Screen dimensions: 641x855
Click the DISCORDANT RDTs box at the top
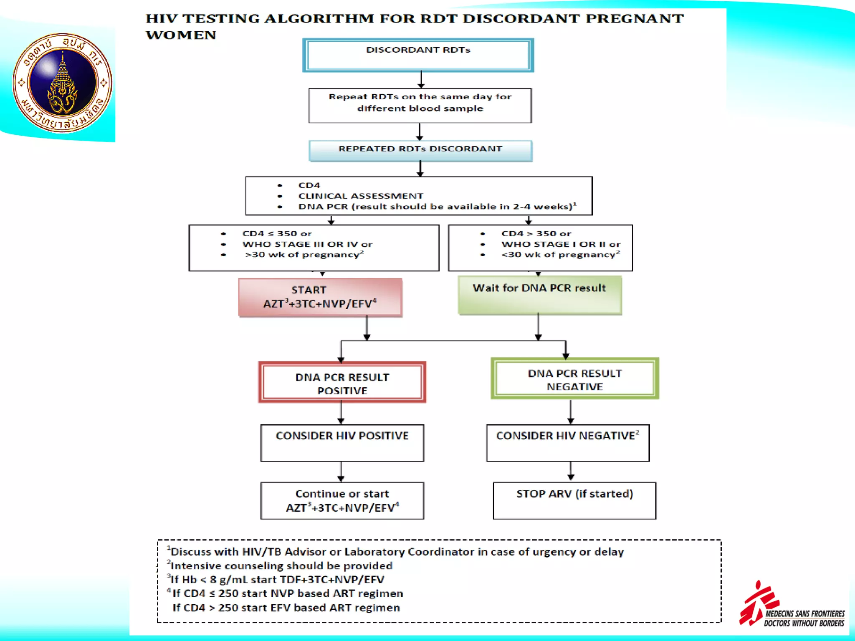(418, 55)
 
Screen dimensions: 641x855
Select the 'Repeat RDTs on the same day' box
(420, 105)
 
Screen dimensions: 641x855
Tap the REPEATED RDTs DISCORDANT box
(420, 150)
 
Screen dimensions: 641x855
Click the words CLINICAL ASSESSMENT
(360, 196)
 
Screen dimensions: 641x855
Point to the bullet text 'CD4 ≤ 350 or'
(277, 234)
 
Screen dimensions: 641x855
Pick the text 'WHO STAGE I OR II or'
(561, 244)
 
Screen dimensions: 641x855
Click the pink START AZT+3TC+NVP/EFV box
(320, 297)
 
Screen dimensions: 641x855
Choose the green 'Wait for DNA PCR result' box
(539, 295)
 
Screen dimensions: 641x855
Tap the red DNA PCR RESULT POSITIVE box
(342, 382)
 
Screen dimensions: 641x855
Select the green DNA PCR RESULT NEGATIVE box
(574, 379)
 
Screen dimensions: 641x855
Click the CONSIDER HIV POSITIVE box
(342, 442)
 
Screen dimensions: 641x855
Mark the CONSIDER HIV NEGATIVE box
(567, 442)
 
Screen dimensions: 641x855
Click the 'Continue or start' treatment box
(342, 500)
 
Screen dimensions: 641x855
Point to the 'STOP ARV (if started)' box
(574, 500)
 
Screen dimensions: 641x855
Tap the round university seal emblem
(63, 83)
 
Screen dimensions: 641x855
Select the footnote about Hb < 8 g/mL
(276, 580)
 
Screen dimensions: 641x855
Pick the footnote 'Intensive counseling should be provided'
(281, 566)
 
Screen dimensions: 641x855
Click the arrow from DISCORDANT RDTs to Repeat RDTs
(421, 80)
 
